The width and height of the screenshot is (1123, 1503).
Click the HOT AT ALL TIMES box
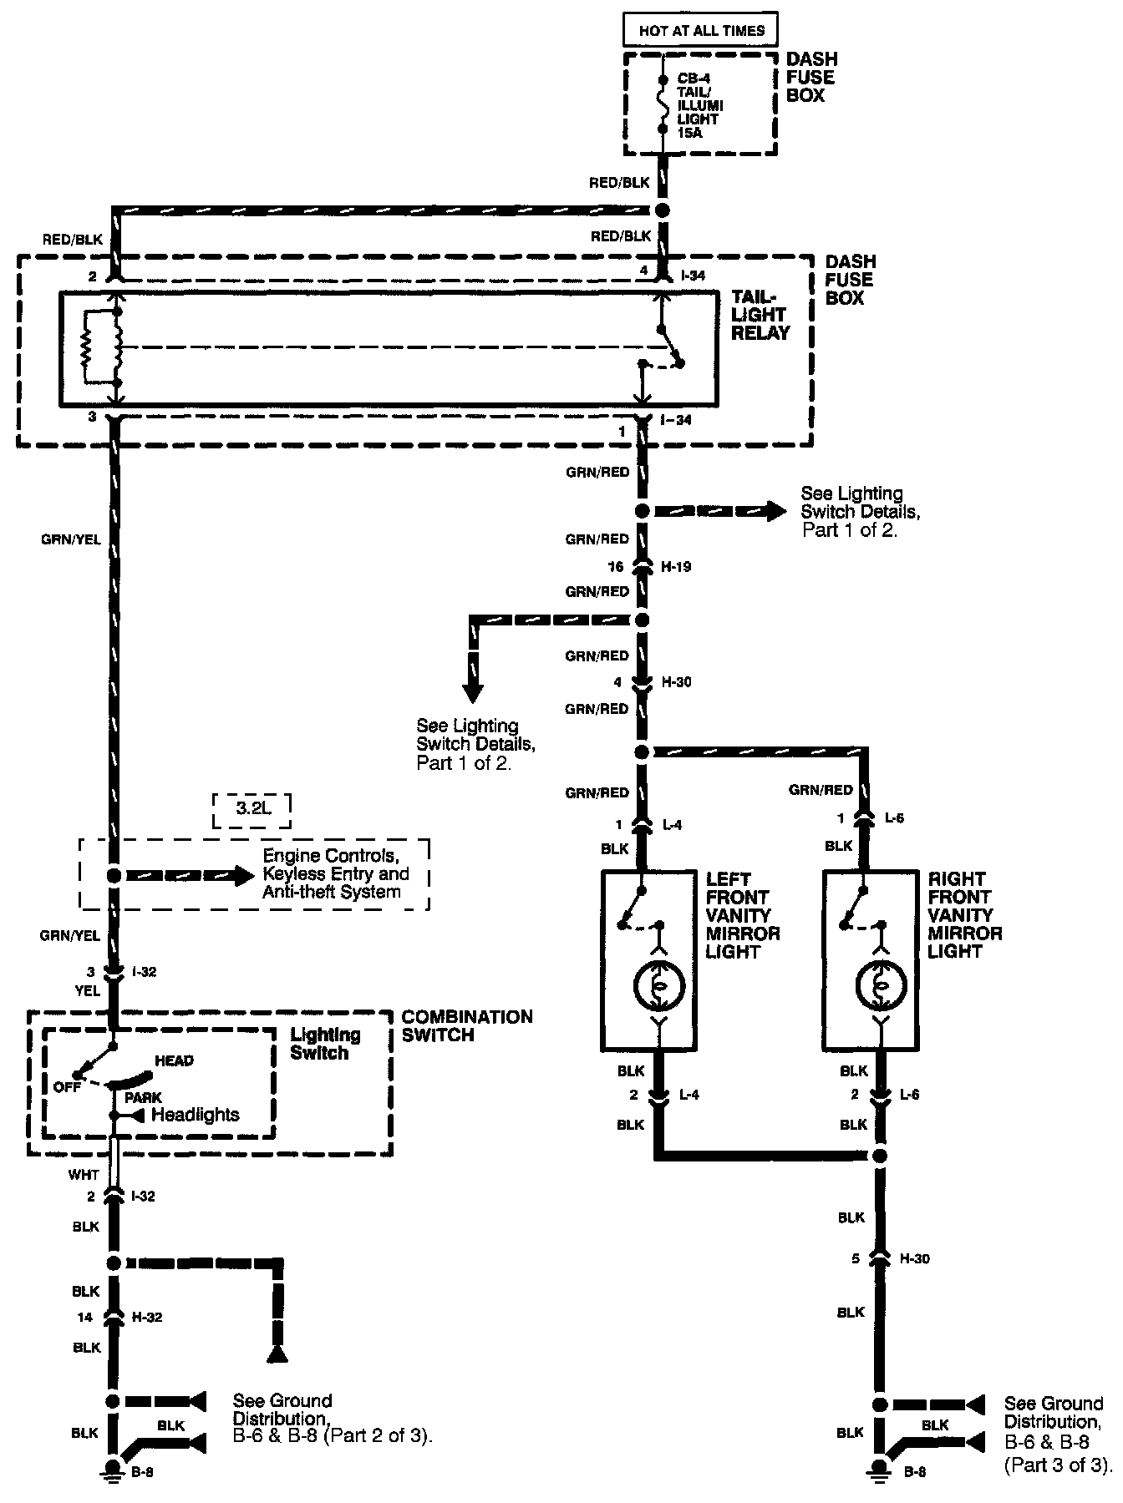pyautogui.click(x=701, y=31)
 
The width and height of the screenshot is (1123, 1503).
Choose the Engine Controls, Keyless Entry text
pyautogui.click(x=336, y=873)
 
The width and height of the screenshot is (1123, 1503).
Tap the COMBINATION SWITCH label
pyautogui.click(x=466, y=1025)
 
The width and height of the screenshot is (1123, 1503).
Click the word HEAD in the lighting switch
pyautogui.click(x=174, y=1060)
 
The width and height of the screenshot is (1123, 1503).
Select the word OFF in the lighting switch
pyautogui.click(x=66, y=1087)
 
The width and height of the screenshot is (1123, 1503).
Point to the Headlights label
pyautogui.click(x=195, y=1115)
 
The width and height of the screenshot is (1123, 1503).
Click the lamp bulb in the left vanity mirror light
pyautogui.click(x=661, y=986)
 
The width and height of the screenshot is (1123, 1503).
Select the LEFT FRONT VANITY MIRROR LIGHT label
pyautogui.click(x=742, y=915)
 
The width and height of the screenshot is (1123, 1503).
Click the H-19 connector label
pyautogui.click(x=676, y=567)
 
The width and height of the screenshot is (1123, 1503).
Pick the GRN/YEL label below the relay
pyautogui.click(x=70, y=539)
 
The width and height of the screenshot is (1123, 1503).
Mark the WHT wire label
pyautogui.click(x=84, y=1175)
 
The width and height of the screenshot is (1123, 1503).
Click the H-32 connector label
pyautogui.click(x=147, y=1317)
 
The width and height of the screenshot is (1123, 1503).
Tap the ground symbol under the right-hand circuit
pyautogui.click(x=878, y=1469)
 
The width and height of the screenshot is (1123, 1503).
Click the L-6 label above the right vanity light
pyautogui.click(x=893, y=818)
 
